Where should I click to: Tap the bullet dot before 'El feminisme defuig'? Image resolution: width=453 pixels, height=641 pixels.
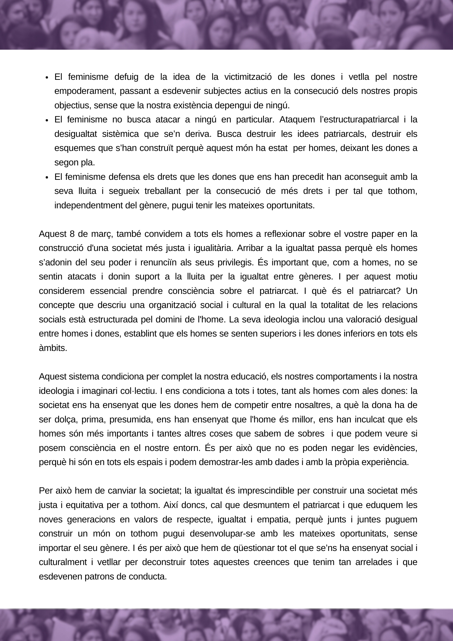point(47,78)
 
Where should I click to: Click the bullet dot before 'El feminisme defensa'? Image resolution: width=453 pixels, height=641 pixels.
point(47,178)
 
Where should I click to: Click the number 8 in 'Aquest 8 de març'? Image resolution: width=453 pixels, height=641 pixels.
point(72,234)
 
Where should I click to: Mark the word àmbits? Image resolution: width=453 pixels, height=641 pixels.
point(53,348)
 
